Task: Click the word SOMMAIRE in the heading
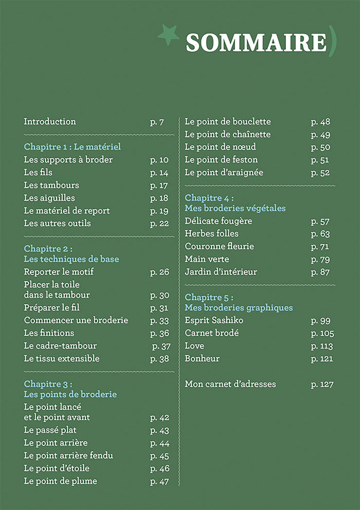click(256, 42)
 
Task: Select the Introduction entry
click(50, 122)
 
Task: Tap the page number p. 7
click(157, 122)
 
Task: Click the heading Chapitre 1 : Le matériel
click(73, 147)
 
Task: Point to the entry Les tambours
click(51, 185)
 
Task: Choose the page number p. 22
click(159, 224)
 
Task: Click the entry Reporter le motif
click(59, 272)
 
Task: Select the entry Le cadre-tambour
click(60, 346)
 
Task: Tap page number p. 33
click(159, 321)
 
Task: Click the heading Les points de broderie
click(70, 394)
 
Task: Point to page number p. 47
click(159, 482)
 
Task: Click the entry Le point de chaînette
click(227, 135)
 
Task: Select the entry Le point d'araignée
click(224, 173)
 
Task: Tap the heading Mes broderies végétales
click(235, 208)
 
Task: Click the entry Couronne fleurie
click(219, 247)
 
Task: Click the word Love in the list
click(194, 346)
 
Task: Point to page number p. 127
click(322, 385)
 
